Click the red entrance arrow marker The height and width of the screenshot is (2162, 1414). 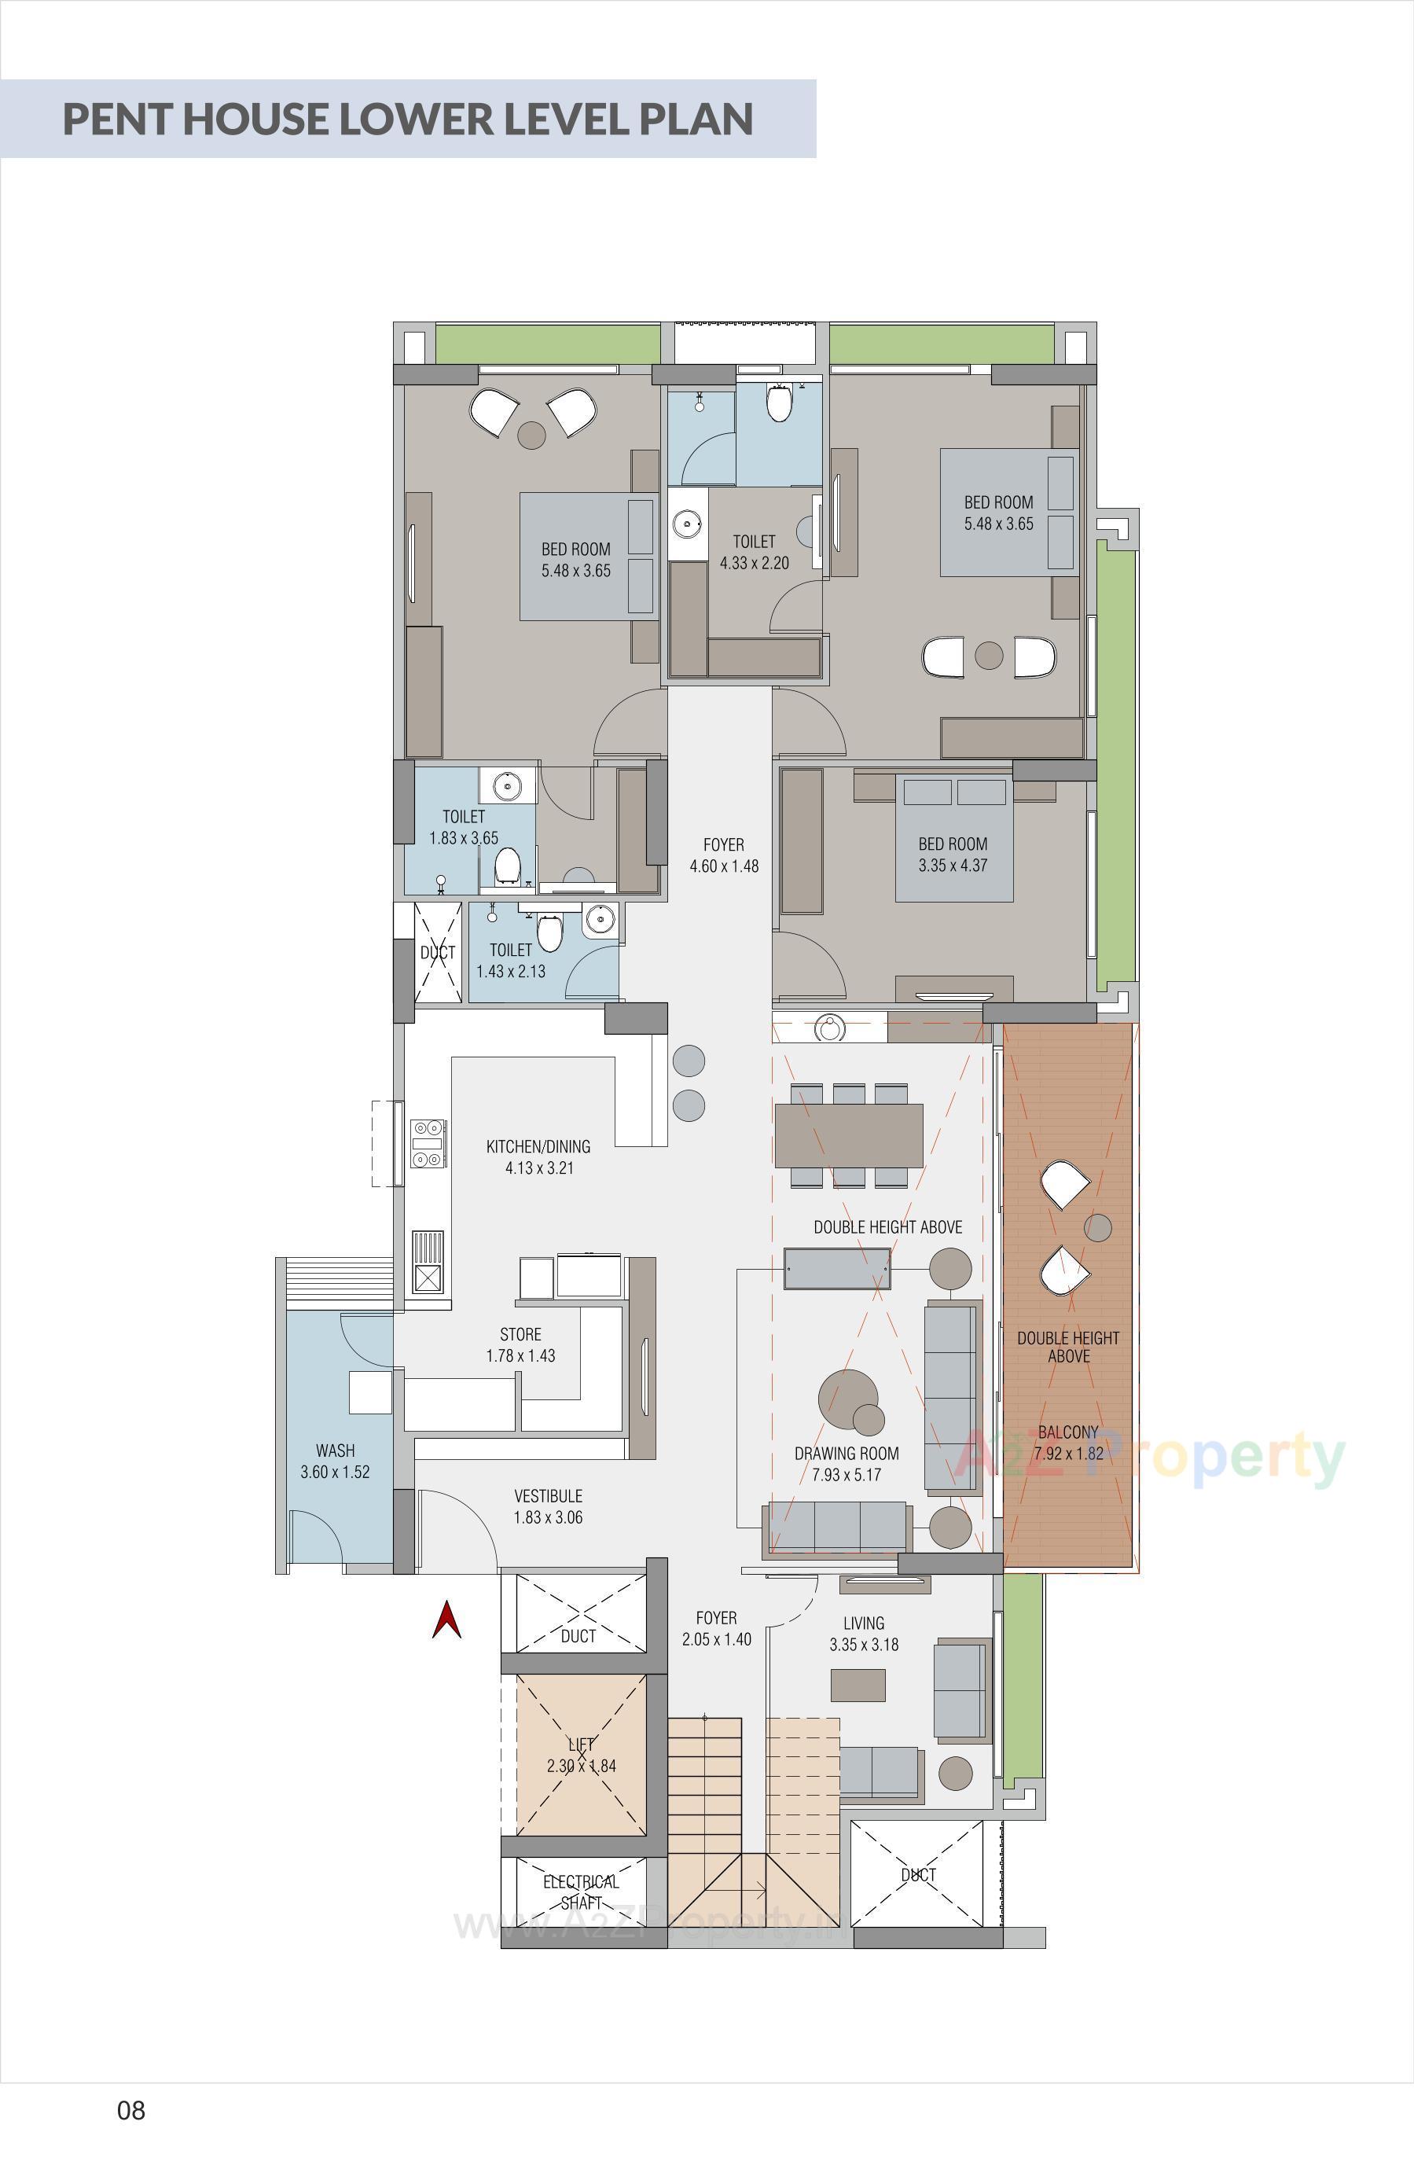(x=446, y=1620)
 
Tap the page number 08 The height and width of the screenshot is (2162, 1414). (x=130, y=2109)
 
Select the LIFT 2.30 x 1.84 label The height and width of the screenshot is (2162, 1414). (x=581, y=1755)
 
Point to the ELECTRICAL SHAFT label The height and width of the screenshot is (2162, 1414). (x=581, y=1892)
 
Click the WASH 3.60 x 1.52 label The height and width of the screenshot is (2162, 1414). (x=335, y=1461)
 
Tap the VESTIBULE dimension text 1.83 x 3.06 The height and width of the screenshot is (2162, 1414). (x=548, y=1517)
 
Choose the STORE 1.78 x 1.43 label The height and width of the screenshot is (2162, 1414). (x=520, y=1344)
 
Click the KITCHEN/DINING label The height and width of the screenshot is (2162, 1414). (x=538, y=1146)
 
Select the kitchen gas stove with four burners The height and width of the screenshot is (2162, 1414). (x=428, y=1144)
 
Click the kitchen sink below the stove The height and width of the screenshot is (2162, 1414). (x=428, y=1262)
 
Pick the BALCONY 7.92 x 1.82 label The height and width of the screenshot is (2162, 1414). (x=1068, y=1443)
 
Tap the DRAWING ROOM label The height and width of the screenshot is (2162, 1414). (x=847, y=1454)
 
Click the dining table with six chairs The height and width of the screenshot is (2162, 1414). (x=848, y=1135)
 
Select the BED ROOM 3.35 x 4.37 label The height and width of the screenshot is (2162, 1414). (x=953, y=855)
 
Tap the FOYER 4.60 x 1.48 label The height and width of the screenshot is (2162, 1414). (x=724, y=855)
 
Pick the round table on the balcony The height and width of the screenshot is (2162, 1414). (x=1098, y=1228)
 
